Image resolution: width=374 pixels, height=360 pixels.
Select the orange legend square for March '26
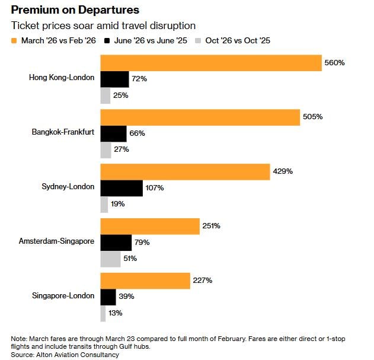14,41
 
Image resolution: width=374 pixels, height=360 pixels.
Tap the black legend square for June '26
107,41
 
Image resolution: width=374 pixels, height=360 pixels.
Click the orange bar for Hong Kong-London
210,63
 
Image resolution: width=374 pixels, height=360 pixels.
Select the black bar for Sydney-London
122,188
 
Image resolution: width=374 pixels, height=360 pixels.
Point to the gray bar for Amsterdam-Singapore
110,259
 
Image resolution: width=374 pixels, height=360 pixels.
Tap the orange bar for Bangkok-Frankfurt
200,117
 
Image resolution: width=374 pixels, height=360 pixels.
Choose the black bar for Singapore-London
108,297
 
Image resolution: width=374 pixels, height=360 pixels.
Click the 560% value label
334,63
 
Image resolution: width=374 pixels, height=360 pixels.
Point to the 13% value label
116,313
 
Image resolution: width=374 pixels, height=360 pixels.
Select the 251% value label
211,226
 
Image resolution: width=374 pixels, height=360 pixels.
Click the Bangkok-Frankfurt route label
63,133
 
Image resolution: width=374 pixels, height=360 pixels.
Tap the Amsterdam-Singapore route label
56,242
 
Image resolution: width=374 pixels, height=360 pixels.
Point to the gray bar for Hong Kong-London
106,95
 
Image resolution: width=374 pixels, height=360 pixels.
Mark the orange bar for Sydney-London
185,171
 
